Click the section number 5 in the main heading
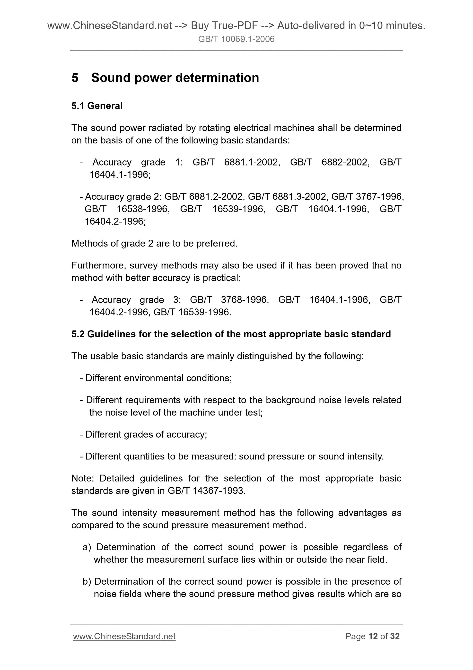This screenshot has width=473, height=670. [x=75, y=78]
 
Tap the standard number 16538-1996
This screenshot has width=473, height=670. [x=143, y=209]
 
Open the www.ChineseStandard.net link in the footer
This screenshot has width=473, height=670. [x=124, y=636]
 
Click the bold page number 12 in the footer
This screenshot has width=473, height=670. [x=373, y=636]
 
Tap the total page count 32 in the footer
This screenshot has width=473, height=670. [x=395, y=636]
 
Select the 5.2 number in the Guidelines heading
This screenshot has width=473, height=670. [x=78, y=334]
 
